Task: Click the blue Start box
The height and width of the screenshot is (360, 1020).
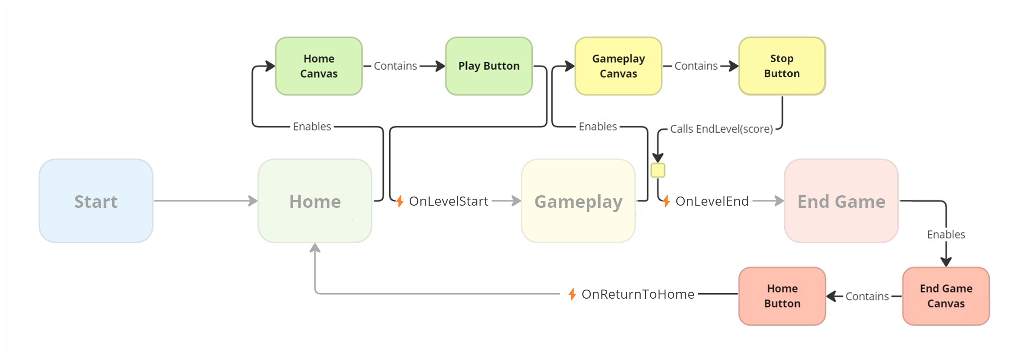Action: point(96,201)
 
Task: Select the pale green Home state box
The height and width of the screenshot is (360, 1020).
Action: point(315,201)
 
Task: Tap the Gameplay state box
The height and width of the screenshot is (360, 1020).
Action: point(578,201)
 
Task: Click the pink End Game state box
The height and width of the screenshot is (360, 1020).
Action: point(841,201)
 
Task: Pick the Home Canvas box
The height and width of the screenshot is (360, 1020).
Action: point(319,66)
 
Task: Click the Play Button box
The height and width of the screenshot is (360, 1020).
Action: point(488,66)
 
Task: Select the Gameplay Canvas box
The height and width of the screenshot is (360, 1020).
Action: point(618,66)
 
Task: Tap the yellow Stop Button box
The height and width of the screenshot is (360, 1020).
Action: point(782,66)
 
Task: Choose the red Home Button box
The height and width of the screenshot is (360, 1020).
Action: point(782,296)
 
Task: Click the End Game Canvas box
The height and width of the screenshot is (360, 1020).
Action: point(946,296)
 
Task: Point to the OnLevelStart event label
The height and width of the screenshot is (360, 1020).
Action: point(448,201)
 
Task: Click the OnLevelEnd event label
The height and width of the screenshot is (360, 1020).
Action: point(712,201)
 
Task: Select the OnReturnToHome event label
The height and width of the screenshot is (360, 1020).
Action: point(637,294)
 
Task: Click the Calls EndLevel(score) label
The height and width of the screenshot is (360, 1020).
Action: point(721,129)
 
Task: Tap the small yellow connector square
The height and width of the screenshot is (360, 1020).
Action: point(658,170)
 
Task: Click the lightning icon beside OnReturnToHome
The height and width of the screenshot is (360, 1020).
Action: point(572,294)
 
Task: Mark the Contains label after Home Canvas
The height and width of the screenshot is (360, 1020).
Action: point(395,66)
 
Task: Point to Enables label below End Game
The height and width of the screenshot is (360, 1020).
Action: point(946,235)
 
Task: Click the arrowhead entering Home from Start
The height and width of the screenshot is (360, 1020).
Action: point(253,201)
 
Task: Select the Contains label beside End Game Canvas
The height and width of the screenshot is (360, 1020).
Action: point(866,297)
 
